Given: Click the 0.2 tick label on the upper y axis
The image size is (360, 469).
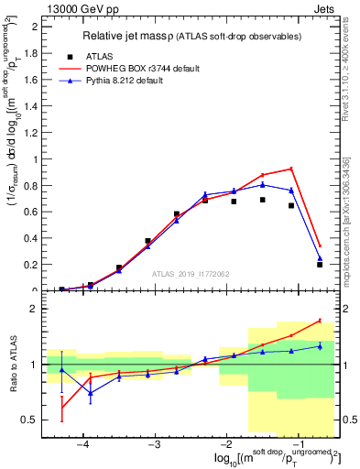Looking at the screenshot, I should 35,265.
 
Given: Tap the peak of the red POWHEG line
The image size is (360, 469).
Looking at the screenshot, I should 290,169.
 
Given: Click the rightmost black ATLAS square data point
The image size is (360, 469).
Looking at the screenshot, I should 320,265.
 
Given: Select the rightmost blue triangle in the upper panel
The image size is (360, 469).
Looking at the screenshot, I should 320,258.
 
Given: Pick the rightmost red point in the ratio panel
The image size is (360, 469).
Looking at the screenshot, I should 320,321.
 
